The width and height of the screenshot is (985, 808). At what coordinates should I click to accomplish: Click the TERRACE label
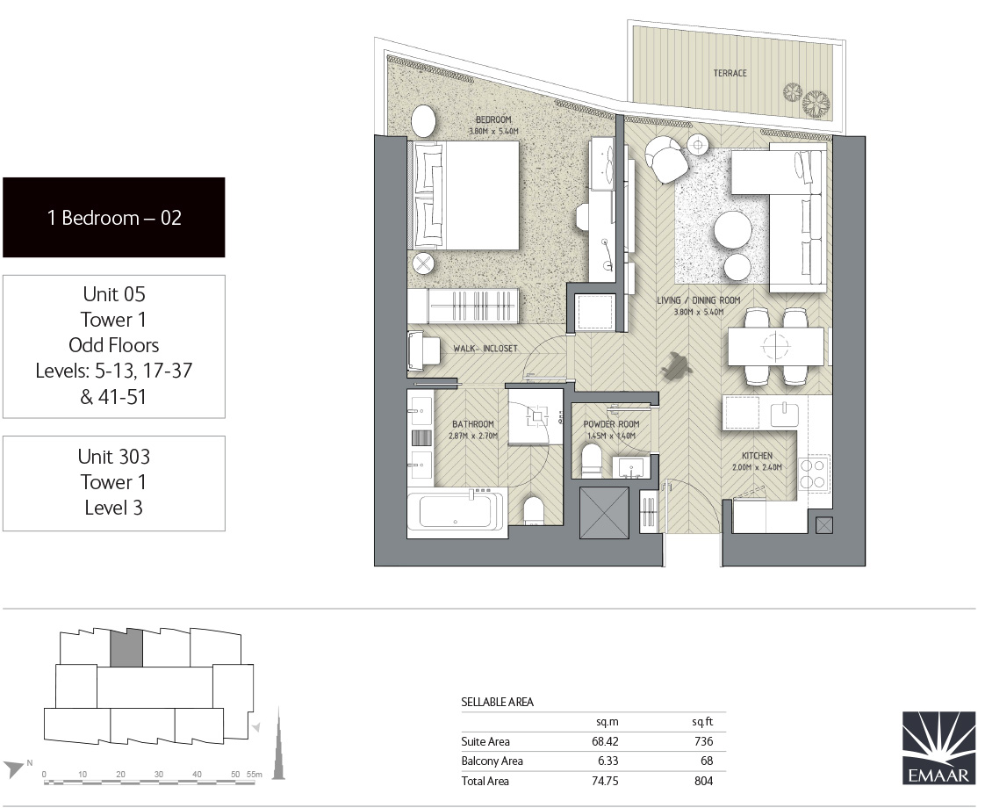coord(730,73)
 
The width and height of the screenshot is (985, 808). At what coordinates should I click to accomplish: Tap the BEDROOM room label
coord(493,120)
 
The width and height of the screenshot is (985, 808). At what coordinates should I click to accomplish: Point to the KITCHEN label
coord(756,456)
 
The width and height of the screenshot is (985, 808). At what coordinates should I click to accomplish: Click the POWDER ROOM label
coord(611,424)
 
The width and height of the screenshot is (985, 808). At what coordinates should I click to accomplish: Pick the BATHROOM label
coord(472,424)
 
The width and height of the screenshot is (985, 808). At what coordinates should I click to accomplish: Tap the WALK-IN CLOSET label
coord(485,349)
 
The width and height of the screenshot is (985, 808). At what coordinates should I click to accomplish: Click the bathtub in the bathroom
coord(455,509)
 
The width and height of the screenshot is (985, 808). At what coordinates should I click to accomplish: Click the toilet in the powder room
coord(592,460)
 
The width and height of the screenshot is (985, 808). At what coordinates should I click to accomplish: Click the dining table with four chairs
coord(775,345)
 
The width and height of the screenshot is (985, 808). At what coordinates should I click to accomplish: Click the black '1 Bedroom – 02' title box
coord(114,218)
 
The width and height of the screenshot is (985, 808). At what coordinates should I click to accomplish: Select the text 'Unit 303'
coord(114,457)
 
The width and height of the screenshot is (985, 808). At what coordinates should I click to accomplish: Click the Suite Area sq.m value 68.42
coord(606,741)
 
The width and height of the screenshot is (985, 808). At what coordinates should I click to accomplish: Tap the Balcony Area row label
coord(492,761)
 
